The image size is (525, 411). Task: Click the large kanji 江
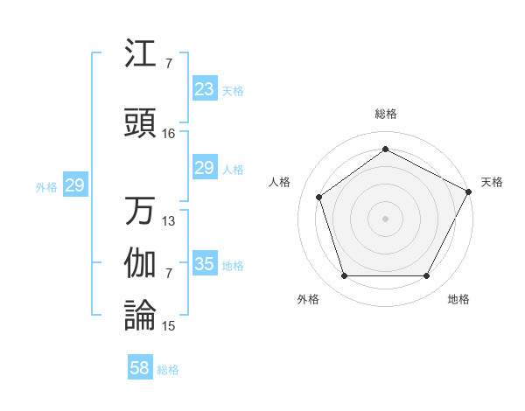click(140, 54)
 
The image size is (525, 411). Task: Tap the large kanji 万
click(140, 211)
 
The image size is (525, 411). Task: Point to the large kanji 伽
click(140, 263)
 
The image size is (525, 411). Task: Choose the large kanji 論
click(140, 316)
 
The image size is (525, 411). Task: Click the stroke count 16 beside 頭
click(169, 134)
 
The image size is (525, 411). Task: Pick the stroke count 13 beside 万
click(169, 221)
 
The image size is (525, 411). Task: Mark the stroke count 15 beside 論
click(169, 326)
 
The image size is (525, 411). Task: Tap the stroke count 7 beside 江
click(168, 64)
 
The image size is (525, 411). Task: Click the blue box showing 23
click(204, 89)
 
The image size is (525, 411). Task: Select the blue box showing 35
click(204, 264)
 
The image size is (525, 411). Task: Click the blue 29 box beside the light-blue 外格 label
click(74, 185)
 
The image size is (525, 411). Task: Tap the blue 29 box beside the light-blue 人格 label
click(204, 168)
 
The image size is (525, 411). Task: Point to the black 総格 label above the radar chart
click(386, 115)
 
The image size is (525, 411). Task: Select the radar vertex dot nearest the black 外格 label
click(344, 276)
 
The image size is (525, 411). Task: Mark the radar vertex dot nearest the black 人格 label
click(319, 197)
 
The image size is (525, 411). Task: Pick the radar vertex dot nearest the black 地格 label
click(426, 276)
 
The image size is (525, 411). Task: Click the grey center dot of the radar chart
click(385, 218)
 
